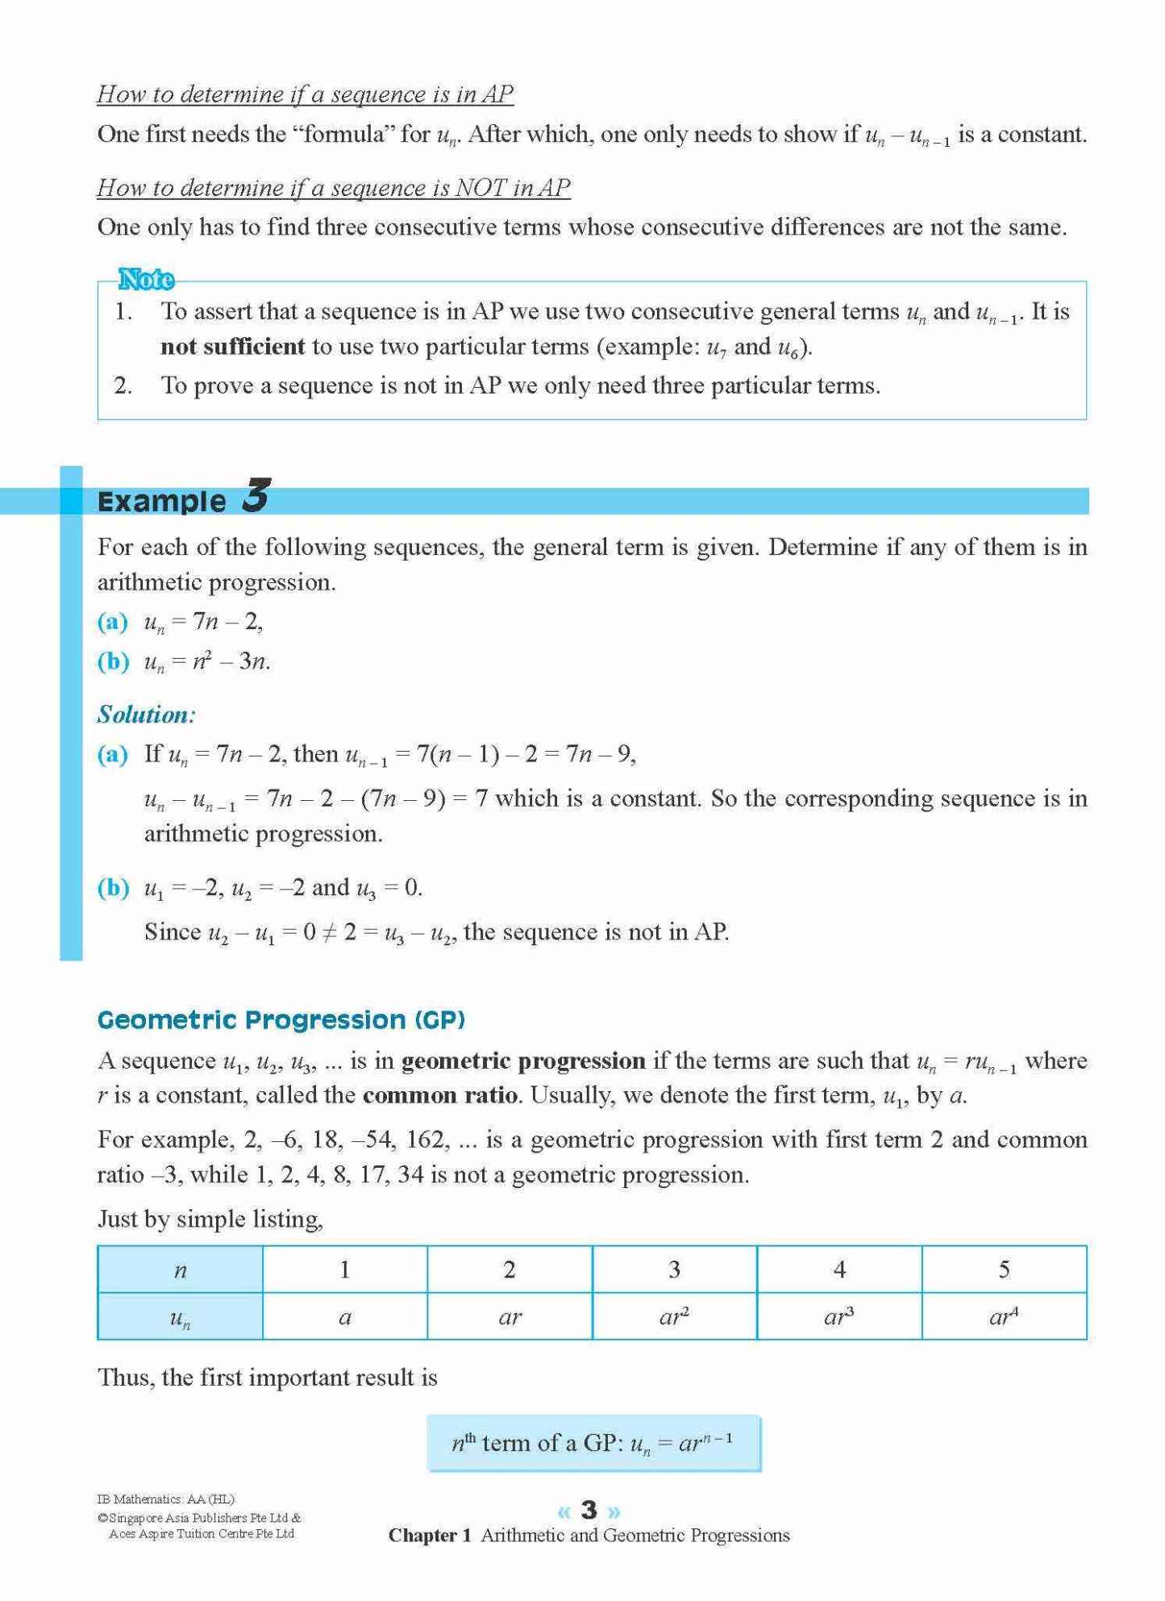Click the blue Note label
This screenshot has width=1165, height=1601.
click(x=146, y=279)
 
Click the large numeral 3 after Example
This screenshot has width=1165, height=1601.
click(x=256, y=495)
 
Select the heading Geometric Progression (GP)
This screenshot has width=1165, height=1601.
click(x=281, y=1019)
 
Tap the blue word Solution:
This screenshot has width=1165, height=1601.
click(x=146, y=715)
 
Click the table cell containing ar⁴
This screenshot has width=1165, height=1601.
click(x=1004, y=1316)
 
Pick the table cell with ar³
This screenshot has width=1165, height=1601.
click(x=838, y=1316)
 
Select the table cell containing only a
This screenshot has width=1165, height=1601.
click(x=345, y=1317)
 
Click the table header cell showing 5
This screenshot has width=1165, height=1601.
click(x=1004, y=1270)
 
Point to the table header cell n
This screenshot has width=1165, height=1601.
click(x=180, y=1270)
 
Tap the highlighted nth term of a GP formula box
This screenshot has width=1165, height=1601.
click(x=593, y=1443)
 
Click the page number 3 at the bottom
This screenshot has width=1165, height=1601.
click(x=589, y=1509)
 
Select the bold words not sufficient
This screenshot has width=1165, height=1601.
click(x=232, y=347)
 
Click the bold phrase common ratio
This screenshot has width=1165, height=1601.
click(x=440, y=1095)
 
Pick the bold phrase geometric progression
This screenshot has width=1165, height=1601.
click(x=523, y=1060)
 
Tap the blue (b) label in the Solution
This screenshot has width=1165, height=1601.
click(x=113, y=887)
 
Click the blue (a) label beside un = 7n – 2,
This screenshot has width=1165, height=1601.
click(x=113, y=621)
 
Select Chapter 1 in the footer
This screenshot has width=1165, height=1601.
click(x=430, y=1536)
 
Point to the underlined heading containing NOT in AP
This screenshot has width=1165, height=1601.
click(x=334, y=188)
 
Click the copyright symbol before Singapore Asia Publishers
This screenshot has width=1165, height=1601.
click(x=102, y=1518)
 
